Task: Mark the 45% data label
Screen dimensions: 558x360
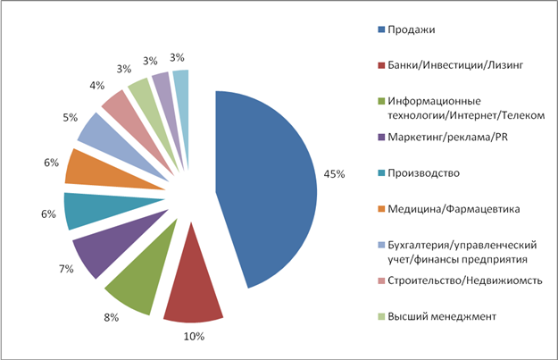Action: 334,174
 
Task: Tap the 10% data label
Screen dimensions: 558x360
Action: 194,336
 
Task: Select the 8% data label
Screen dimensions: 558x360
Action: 111,317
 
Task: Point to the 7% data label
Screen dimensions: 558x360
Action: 66,269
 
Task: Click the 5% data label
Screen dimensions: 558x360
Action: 71,117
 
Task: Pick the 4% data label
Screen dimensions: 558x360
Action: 96,86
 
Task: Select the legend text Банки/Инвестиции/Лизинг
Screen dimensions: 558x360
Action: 455,65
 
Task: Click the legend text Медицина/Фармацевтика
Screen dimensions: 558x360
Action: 454,209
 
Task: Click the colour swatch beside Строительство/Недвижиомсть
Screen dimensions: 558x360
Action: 381,280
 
